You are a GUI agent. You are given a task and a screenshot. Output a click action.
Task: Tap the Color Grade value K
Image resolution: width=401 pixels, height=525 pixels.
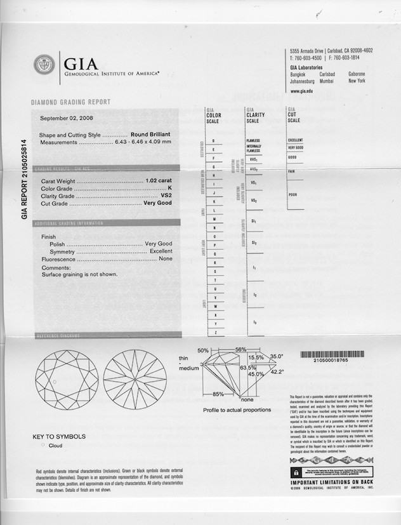coord(170,189)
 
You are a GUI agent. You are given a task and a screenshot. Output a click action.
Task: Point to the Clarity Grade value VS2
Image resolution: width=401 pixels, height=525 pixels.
coord(166,196)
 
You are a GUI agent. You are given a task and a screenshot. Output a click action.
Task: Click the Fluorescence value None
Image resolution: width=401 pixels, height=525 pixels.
coord(166,259)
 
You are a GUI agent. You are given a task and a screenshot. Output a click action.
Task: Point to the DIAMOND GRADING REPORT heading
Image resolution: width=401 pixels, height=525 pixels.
coord(70,102)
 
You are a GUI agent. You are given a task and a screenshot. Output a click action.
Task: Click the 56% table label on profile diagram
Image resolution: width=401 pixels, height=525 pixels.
coord(240,350)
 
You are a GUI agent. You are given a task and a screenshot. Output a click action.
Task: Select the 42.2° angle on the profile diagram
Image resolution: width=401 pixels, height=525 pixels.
coord(277,371)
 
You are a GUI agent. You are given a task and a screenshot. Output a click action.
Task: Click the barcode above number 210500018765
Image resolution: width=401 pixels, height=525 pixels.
coord(329,354)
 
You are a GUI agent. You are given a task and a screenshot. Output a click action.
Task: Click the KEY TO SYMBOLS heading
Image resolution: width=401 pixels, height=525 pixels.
coord(59,437)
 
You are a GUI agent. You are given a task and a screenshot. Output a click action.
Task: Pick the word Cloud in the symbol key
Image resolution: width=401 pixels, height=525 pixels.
coord(55,446)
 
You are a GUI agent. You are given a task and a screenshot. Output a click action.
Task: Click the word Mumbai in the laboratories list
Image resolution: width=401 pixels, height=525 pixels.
coord(327,81)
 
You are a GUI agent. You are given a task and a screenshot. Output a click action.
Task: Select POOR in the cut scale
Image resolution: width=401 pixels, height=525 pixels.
coord(293,195)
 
